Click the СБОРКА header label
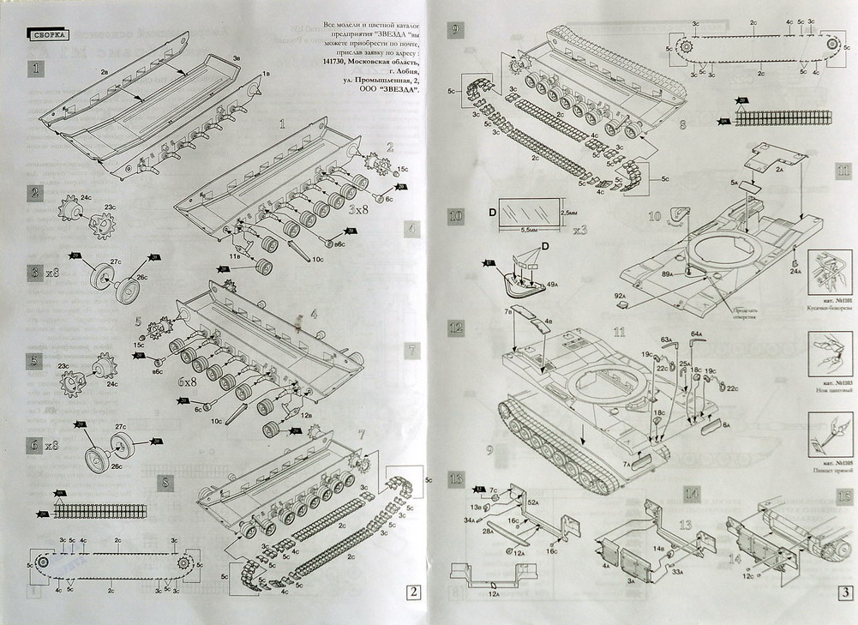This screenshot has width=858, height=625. coord(49,35)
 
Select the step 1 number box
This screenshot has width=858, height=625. coord(34,68)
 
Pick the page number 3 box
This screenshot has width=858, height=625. coord(844,591)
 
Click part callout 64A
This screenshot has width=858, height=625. coord(697,334)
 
